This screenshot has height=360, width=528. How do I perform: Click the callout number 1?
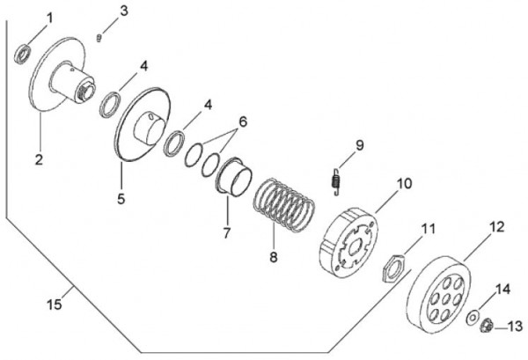48,18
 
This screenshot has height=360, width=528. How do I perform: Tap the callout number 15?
55,304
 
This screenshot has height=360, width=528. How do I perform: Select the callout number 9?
359,145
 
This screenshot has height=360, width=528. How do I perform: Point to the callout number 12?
496,227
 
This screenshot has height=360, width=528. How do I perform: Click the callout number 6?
243,121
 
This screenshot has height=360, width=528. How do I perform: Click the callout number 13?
515,327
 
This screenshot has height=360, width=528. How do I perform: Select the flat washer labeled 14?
473,316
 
